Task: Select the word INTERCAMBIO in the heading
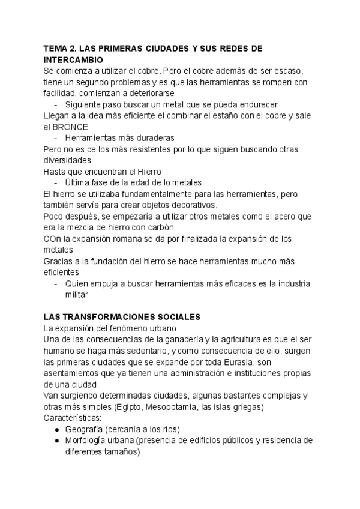pos(74,60)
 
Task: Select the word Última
pos(78,182)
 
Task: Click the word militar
pos(77,295)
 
